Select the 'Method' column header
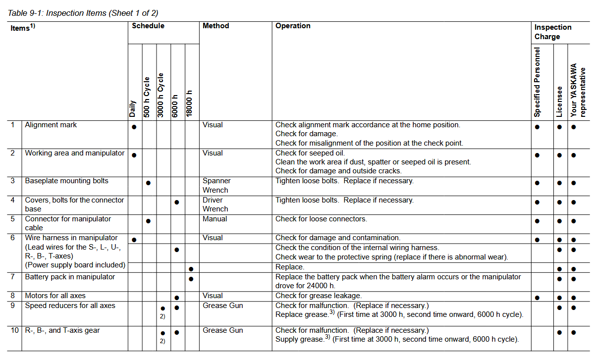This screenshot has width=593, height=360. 216,26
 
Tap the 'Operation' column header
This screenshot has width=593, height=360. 293,26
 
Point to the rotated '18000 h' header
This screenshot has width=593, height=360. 190,103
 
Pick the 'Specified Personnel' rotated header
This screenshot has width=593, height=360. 538,82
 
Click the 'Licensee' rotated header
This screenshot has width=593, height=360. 559,102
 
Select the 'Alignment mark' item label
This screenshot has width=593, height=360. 51,125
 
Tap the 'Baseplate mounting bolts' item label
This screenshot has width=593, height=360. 67,181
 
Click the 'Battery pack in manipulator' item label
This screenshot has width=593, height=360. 70,277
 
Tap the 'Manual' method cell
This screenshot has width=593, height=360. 215,219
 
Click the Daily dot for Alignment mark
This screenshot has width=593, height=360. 134,127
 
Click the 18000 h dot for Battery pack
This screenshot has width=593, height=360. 191,279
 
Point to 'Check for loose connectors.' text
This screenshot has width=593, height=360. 321,219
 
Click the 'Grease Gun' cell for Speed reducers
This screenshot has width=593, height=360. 223,306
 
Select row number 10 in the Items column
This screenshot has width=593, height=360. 14,330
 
